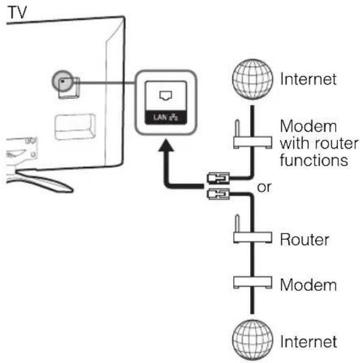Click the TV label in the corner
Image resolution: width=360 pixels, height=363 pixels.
pyautogui.click(x=18, y=13)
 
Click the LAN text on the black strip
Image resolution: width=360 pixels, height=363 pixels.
pyautogui.click(x=160, y=117)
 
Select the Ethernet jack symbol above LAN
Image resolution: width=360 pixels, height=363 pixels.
pyautogui.click(x=166, y=96)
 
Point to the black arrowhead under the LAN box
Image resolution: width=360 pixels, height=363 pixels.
pyautogui.click(x=166, y=145)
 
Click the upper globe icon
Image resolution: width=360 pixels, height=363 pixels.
pyautogui.click(x=253, y=79)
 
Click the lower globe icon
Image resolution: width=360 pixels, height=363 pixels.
pyautogui.click(x=253, y=340)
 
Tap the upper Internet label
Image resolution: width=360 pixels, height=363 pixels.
pyautogui.click(x=308, y=79)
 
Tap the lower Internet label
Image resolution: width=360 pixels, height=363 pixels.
pyautogui.click(x=308, y=341)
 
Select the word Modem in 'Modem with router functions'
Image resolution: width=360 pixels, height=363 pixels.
pyautogui.click(x=308, y=126)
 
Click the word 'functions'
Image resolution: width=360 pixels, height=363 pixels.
pyautogui.click(x=314, y=160)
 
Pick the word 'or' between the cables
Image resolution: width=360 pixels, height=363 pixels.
pyautogui.click(x=264, y=188)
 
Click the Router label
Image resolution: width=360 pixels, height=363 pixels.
pyautogui.click(x=304, y=239)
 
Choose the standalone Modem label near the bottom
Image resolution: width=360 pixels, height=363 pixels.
pyautogui.click(x=308, y=285)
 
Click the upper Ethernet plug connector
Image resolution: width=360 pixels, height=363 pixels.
pyautogui.click(x=218, y=178)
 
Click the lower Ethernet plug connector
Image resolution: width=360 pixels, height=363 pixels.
pyautogui.click(x=218, y=194)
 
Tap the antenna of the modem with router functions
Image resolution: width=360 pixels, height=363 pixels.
pyautogui.click(x=237, y=128)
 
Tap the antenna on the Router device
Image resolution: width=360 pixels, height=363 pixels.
pyautogui.click(x=237, y=223)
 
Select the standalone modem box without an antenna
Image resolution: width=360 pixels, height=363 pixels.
pyautogui.click(x=253, y=282)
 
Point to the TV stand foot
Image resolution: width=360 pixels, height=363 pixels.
pyautogui.click(x=44, y=181)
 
